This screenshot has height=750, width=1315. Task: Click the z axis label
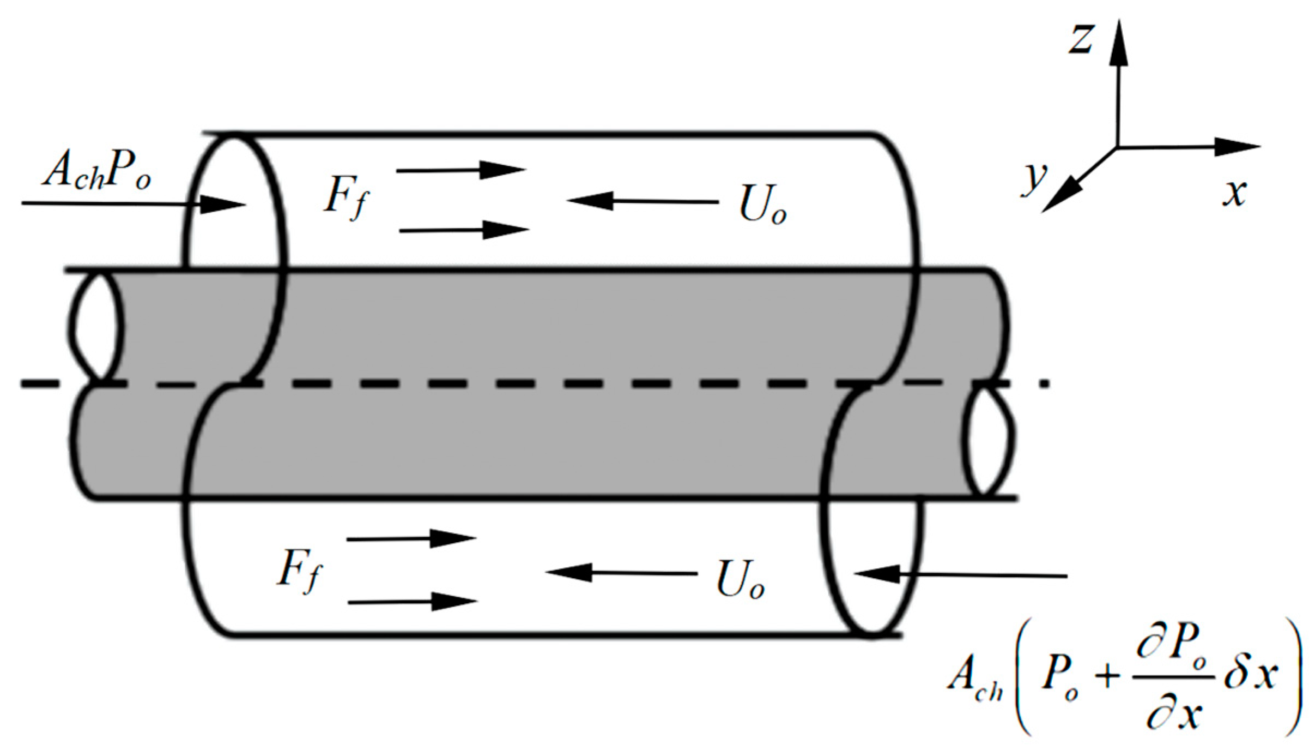click(x=1081, y=39)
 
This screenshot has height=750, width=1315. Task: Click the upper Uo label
click(x=762, y=207)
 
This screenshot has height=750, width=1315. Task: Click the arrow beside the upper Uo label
click(x=643, y=201)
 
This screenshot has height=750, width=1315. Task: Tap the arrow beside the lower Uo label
click(x=621, y=573)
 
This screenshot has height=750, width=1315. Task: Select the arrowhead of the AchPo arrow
click(x=223, y=205)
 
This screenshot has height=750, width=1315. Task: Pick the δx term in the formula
click(x=1250, y=675)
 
